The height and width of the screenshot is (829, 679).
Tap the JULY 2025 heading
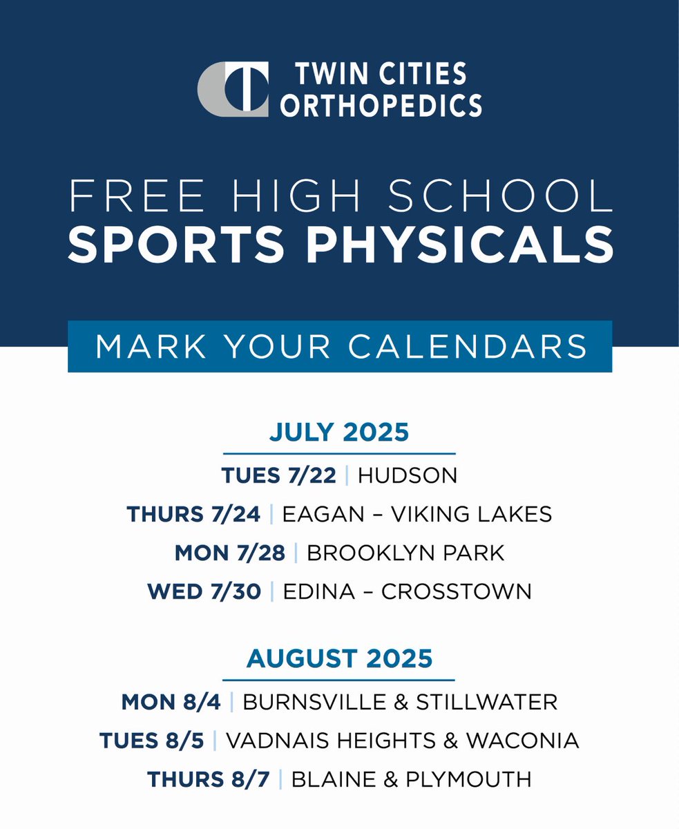click(x=339, y=433)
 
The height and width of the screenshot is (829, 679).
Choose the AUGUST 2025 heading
click(x=339, y=659)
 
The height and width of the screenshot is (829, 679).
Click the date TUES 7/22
click(x=278, y=475)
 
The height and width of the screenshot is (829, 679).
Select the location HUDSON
click(x=408, y=475)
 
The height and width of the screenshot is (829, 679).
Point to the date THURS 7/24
click(x=193, y=514)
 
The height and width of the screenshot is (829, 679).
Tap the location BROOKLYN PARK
click(x=405, y=553)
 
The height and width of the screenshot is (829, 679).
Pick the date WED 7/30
click(x=204, y=592)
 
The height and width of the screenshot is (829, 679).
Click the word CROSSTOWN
click(x=456, y=592)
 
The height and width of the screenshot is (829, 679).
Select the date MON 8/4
click(x=171, y=702)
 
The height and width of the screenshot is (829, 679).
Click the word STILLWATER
click(x=486, y=702)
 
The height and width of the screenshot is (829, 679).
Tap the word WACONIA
click(x=522, y=741)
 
